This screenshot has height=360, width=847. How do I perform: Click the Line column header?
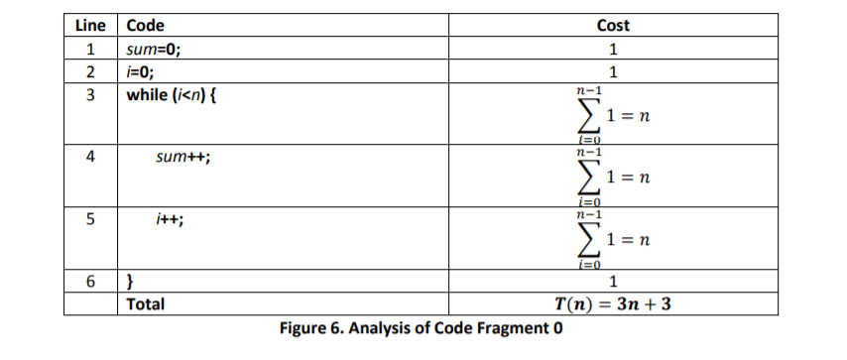pos(90,26)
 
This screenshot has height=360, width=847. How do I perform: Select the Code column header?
pos(146,26)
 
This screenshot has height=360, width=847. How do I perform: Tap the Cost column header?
pos(614,26)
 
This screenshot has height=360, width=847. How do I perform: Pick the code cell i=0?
pos(141,71)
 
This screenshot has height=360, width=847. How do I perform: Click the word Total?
pos(147,303)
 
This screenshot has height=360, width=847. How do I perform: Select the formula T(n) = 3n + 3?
pos(614,303)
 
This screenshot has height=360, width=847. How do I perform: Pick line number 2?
pos(90,71)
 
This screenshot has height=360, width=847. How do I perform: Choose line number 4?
pos(90,158)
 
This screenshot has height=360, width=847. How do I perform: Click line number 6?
pos(90,283)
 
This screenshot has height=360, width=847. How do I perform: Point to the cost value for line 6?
pos(614,283)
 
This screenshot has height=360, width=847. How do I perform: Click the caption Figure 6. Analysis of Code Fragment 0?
pos(422,328)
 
